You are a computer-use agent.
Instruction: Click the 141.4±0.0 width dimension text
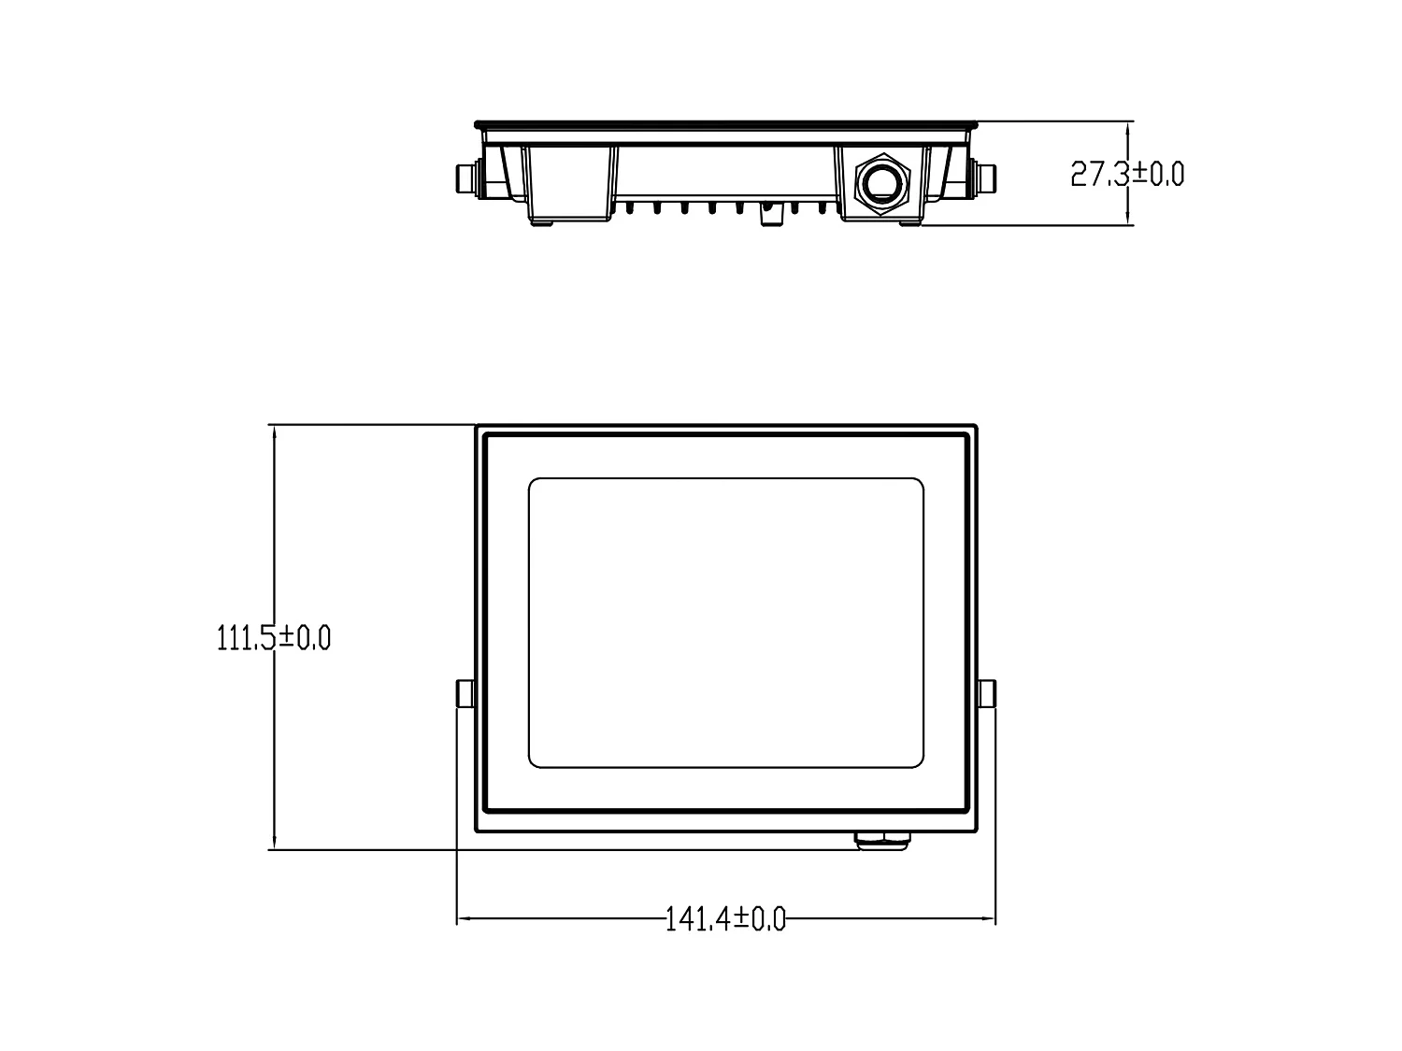[725, 919]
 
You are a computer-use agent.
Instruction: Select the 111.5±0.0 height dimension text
[273, 638]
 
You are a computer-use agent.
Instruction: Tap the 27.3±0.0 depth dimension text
[1127, 174]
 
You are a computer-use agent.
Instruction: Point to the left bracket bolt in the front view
[465, 693]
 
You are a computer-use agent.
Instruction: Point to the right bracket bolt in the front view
[986, 693]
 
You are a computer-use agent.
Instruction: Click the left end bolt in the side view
[465, 177]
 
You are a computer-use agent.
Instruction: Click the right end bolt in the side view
[986, 177]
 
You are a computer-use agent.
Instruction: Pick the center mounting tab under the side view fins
[771, 215]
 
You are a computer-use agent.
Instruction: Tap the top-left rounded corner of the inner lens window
[536, 485]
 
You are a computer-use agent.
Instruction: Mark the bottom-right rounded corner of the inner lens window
[917, 761]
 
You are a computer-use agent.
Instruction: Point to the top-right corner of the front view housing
[975, 428]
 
